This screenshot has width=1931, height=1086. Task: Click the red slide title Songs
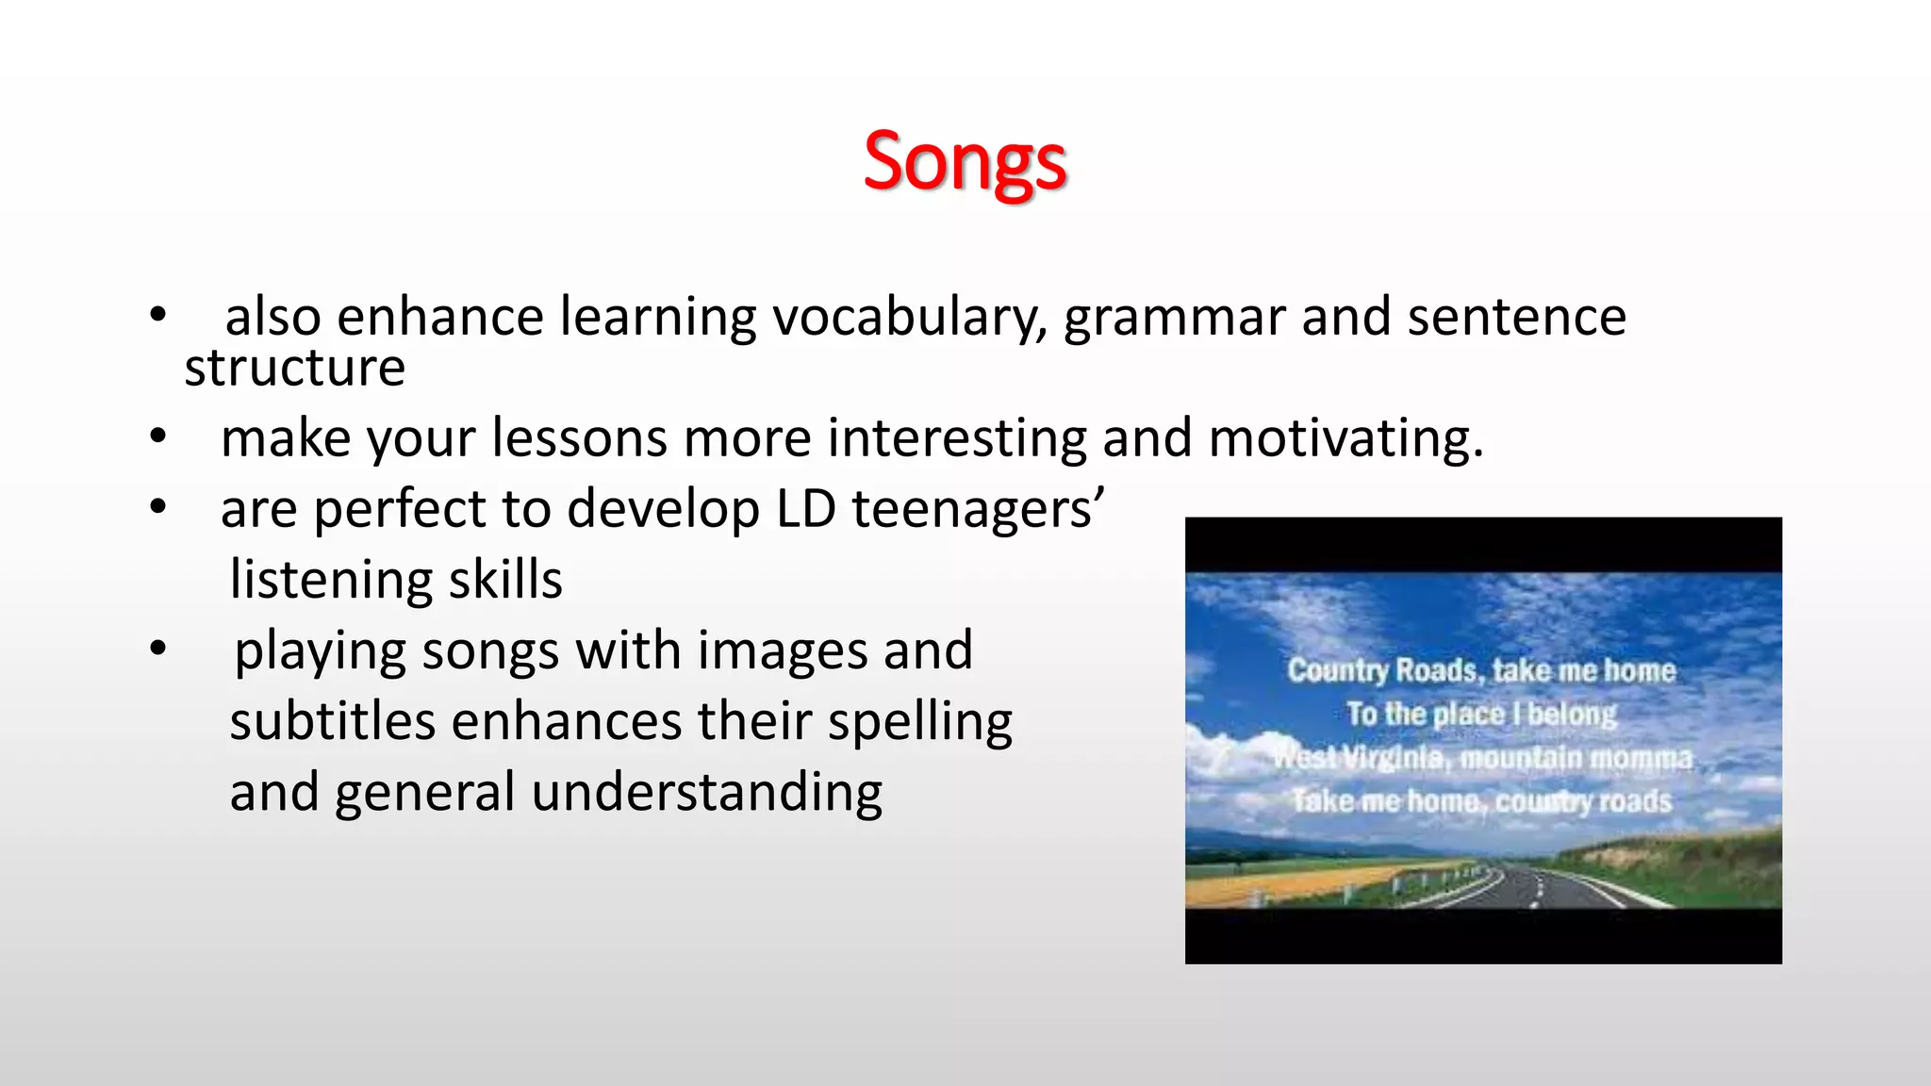pos(965,162)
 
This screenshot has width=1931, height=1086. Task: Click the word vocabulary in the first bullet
pos(910,317)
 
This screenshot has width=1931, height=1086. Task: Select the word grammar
pos(1174,317)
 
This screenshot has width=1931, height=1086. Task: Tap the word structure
pos(294,368)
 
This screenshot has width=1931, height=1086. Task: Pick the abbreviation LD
pos(805,509)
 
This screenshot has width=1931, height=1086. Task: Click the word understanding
pos(707,792)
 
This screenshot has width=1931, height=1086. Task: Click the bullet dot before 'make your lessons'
pos(157,437)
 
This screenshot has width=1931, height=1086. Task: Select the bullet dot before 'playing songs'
pos(157,649)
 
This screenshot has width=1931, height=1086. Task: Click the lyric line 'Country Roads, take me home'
pos(1481,670)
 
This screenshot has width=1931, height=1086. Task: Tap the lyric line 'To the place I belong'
pos(1481,714)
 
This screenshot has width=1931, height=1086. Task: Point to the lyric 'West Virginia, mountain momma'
pos(1481,757)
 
